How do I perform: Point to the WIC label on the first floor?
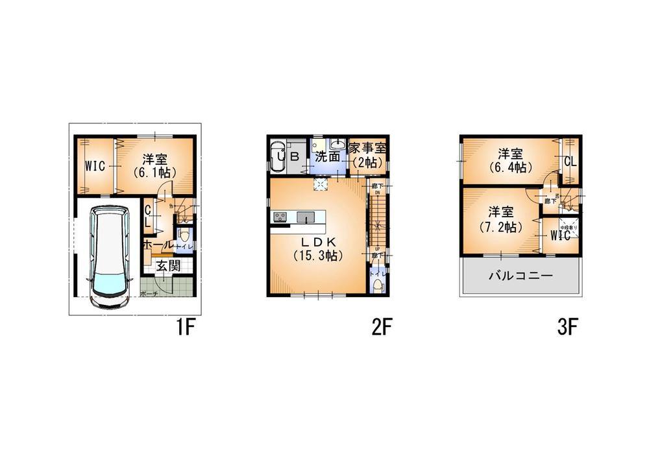pyautogui.click(x=95, y=166)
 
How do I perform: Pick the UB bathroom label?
pyautogui.click(x=288, y=156)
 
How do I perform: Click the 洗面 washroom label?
pyautogui.click(x=328, y=156)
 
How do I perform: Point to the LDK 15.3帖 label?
pyautogui.click(x=317, y=248)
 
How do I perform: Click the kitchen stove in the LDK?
pyautogui.click(x=280, y=217)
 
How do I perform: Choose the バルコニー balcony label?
pyautogui.click(x=520, y=276)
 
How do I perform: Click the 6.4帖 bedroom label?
pyautogui.click(x=510, y=160)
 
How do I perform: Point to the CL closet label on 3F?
pyautogui.click(x=570, y=161)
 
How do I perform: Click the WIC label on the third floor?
pyautogui.click(x=559, y=235)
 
